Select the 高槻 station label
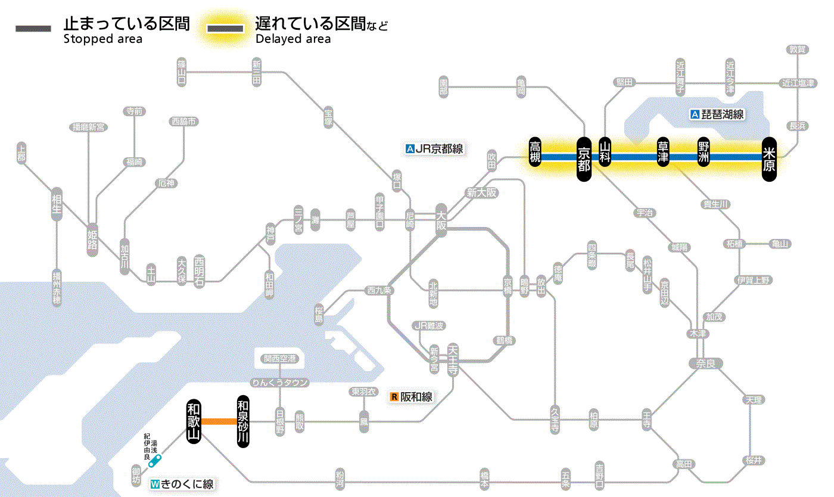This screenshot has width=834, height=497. (x=536, y=153)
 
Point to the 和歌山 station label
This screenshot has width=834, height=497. (x=193, y=421)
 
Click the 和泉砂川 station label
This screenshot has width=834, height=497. (x=243, y=421)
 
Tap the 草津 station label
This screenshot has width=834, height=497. (x=662, y=153)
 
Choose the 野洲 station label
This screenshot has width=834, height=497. (x=704, y=153)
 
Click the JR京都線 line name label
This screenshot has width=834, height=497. (x=434, y=149)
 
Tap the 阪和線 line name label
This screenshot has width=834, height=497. (x=411, y=397)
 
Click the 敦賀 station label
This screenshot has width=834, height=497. (x=797, y=49)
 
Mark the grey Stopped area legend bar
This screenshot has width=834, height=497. (x=33, y=28)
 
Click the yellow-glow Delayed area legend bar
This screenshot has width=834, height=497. (x=225, y=28)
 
